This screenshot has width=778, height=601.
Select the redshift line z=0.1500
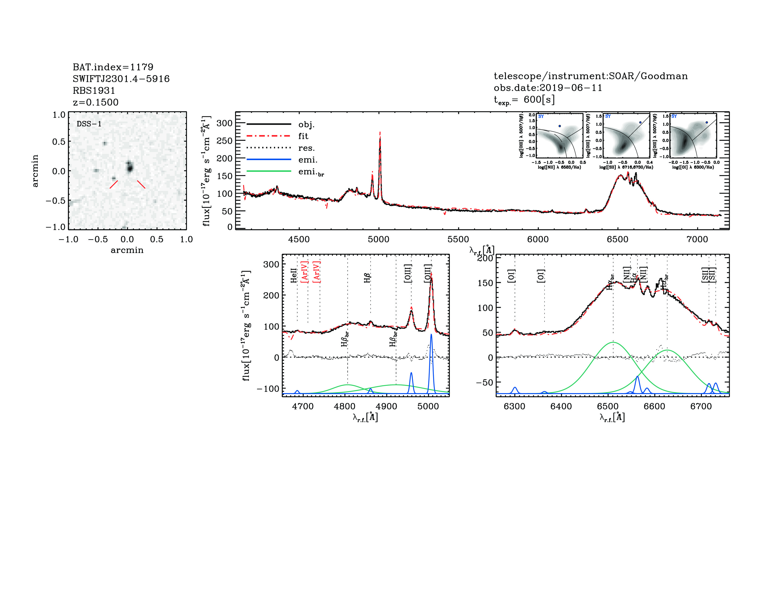(x=95, y=102)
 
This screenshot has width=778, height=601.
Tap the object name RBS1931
(x=94, y=91)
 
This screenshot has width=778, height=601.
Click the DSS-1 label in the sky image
(x=89, y=124)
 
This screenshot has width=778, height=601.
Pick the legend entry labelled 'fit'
(x=303, y=136)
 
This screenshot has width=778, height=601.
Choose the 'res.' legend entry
(x=306, y=148)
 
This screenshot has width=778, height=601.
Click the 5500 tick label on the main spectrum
(x=458, y=239)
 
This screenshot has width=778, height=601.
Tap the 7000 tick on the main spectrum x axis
(x=697, y=239)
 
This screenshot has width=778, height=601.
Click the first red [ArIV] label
(x=305, y=272)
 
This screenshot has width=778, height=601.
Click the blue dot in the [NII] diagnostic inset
(x=560, y=126)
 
